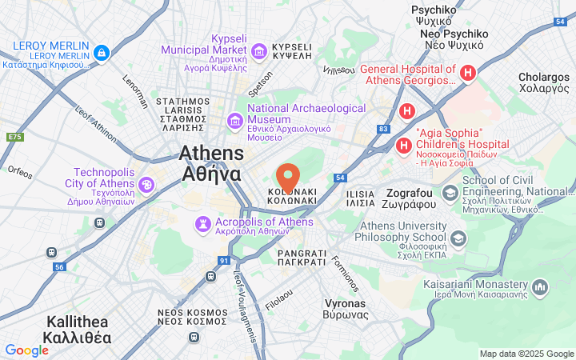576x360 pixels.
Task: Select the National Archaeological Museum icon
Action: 235,121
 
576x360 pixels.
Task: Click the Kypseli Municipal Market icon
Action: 259,52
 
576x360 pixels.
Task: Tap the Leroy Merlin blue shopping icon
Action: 101,54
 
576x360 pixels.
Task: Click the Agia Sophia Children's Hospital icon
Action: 404,146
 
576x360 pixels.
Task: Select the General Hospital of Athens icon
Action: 468,74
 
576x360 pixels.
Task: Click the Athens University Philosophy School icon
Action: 458,238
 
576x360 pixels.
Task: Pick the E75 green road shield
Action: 14,138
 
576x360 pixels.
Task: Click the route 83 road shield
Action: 384,128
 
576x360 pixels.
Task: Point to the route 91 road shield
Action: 223,261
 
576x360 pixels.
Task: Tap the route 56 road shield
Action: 58,267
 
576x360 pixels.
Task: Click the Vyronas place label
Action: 346,309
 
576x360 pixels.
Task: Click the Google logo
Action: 26,350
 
